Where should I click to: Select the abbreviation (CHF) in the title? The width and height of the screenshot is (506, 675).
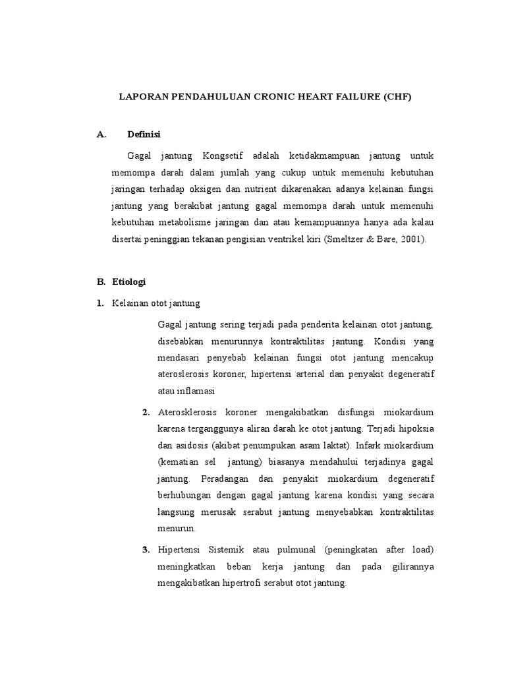[x=397, y=96]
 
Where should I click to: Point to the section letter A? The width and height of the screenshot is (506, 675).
[x=101, y=135]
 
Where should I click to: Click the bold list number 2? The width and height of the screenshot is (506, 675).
[x=146, y=413]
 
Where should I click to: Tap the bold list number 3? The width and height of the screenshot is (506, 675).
[x=146, y=550]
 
